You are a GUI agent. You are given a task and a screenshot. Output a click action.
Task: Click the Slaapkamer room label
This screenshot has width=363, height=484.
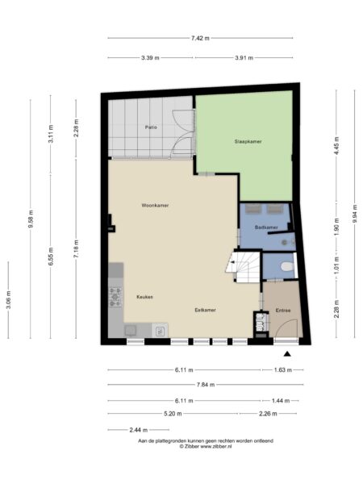pyautogui.click(x=248, y=142)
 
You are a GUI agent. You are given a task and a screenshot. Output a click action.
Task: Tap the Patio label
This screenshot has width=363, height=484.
pyautogui.click(x=151, y=127)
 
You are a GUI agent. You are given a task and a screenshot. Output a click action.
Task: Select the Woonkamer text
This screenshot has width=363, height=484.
pyautogui.click(x=155, y=205)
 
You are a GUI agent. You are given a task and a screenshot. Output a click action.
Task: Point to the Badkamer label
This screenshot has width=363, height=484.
pyautogui.click(x=266, y=227)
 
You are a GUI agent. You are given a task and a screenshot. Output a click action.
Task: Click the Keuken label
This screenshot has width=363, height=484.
pyautogui.click(x=144, y=297)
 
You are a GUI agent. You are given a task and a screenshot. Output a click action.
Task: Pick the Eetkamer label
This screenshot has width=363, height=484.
pyautogui.click(x=205, y=310)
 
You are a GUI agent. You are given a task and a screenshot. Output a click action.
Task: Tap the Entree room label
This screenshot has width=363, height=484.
pyautogui.click(x=283, y=311)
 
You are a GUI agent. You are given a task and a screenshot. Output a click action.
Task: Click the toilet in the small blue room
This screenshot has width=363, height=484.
pyautogui.click(x=287, y=266)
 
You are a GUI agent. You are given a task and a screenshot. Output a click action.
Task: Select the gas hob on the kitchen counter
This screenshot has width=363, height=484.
pyautogui.click(x=115, y=297)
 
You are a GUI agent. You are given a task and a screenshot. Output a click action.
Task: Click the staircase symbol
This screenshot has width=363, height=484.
pyautogui.click(x=244, y=267)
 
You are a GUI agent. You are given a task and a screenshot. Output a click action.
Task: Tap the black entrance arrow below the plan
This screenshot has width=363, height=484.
pyautogui.click(x=287, y=354)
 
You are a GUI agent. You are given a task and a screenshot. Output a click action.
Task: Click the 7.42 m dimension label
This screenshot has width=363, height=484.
pyautogui.click(x=200, y=38)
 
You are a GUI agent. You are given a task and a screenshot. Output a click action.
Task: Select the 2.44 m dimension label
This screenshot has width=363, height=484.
pyautogui.click(x=138, y=430)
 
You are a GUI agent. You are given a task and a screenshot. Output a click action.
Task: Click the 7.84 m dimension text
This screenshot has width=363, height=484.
pyautogui.click(x=206, y=385)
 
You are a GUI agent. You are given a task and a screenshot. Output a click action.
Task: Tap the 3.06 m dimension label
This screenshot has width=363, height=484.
pyautogui.click(x=9, y=300)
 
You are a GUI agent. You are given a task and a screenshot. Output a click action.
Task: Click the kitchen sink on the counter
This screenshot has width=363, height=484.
pyautogui.click(x=161, y=332)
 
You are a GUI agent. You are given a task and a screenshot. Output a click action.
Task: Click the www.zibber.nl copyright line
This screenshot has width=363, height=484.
pyautogui.click(x=206, y=446)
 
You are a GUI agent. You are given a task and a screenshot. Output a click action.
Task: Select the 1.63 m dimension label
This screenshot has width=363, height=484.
pyautogui.click(x=283, y=369)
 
